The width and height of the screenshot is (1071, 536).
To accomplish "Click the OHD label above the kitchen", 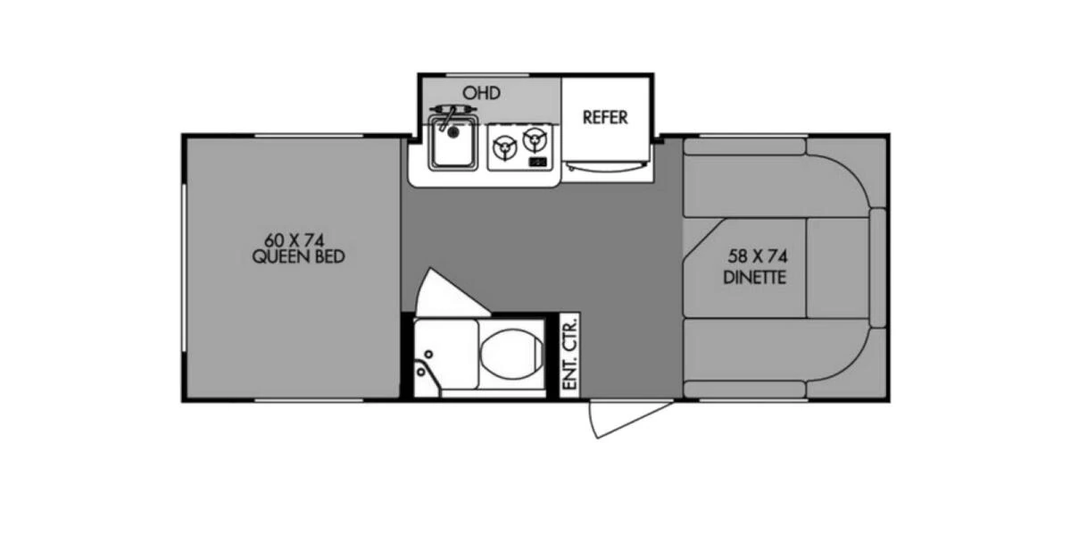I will pyautogui.click(x=481, y=93).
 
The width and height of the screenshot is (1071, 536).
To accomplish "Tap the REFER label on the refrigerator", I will pyautogui.click(x=605, y=117).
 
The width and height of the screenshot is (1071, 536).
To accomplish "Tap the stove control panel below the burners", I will pyautogui.click(x=537, y=162).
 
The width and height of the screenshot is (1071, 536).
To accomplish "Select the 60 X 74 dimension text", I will pyautogui.click(x=292, y=240).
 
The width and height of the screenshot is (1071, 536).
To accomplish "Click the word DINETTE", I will pyautogui.click(x=755, y=277).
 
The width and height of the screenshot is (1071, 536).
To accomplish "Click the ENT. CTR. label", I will pyautogui.click(x=569, y=353).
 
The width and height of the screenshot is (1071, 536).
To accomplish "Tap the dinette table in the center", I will pyautogui.click(x=745, y=268).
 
